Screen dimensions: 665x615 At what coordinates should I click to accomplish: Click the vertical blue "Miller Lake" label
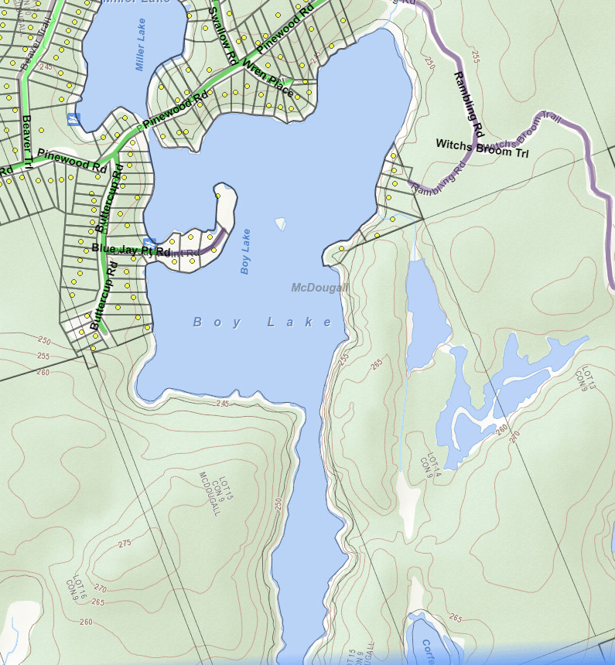[x=141, y=45]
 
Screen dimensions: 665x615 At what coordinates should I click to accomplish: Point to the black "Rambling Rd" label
[x=468, y=100]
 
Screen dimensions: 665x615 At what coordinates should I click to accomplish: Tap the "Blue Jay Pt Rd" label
[x=131, y=250]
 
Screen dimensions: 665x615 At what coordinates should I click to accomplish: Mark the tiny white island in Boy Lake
[x=280, y=224]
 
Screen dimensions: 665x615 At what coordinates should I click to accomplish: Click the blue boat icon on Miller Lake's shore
[x=73, y=119]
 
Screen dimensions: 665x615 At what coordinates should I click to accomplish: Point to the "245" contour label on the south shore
[x=224, y=403]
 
